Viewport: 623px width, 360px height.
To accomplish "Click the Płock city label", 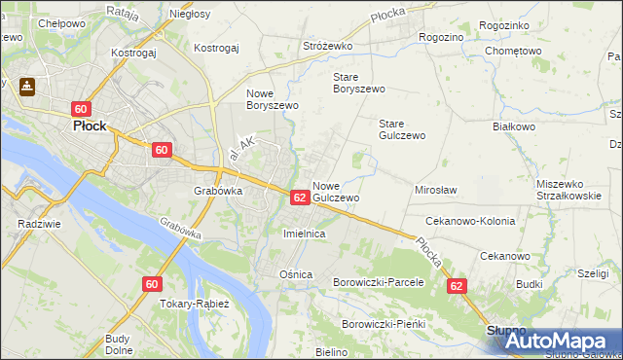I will [x=83, y=126].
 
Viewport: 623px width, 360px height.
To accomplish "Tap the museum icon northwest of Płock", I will [x=26, y=87].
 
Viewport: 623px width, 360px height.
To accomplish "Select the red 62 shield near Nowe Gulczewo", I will [x=300, y=198].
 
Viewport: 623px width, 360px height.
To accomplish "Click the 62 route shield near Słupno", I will [x=457, y=287].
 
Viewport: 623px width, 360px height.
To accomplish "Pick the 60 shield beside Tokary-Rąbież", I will [x=151, y=284].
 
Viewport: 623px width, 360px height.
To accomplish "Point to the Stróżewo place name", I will [x=327, y=46].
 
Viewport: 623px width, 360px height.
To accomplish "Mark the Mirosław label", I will [x=435, y=191].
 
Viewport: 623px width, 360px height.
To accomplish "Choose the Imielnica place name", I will [x=303, y=234].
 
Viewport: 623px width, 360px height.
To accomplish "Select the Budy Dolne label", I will [x=118, y=344].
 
